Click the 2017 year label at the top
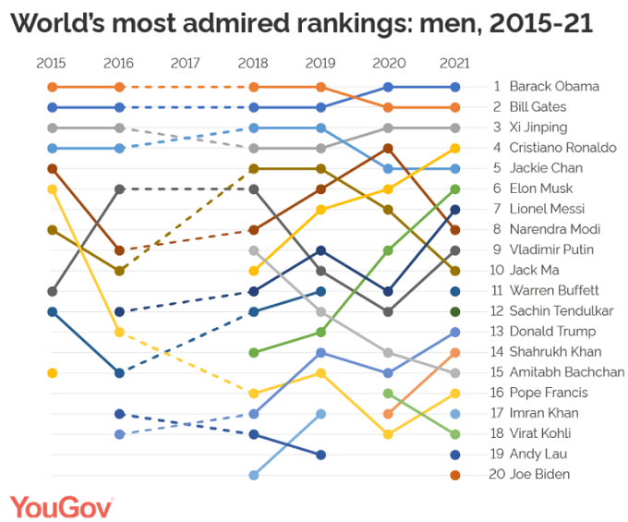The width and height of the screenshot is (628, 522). [186, 64]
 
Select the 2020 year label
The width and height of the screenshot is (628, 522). [388, 64]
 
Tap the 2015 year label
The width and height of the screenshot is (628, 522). [52, 64]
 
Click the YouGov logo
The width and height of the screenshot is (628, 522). [62, 506]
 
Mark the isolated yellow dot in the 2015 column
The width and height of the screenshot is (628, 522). [53, 372]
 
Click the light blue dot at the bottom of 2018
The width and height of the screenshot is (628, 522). [254, 475]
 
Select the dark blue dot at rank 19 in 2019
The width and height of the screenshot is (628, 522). [320, 455]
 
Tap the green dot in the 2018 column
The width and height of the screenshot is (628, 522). [254, 352]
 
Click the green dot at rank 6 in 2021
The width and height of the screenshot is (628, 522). [455, 188]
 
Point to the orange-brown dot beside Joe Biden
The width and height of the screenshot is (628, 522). [455, 474]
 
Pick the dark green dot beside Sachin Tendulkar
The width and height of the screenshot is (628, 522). [455, 311]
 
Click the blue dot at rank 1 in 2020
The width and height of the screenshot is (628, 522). [388, 87]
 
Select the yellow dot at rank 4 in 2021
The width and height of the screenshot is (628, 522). [455, 148]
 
